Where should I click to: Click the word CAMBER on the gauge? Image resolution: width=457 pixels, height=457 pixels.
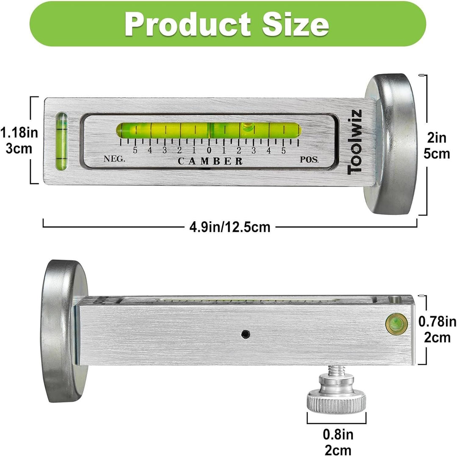click(x=210, y=161)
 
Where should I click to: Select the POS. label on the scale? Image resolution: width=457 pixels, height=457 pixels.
click(x=309, y=160)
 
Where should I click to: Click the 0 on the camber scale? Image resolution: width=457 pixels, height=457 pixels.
click(x=209, y=151)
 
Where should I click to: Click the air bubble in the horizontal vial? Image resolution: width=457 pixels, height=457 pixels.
click(x=247, y=126)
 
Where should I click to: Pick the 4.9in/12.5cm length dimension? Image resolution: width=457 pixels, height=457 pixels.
click(x=229, y=227)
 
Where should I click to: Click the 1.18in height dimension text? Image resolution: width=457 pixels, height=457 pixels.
click(x=19, y=133)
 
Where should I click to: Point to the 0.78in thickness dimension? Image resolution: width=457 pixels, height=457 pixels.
click(x=437, y=322)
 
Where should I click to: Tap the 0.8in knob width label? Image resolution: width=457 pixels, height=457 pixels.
click(x=338, y=434)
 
